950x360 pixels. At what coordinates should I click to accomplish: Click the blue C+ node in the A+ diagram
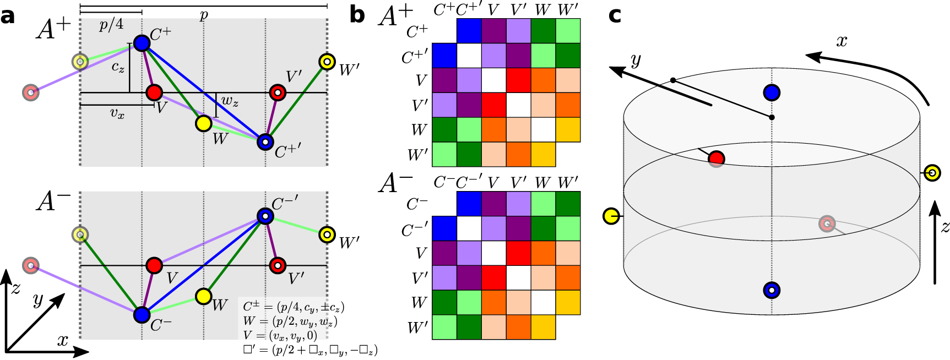point(142,42)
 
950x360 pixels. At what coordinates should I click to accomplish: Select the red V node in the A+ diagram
point(154,92)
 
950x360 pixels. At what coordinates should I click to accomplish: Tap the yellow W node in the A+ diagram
point(204,124)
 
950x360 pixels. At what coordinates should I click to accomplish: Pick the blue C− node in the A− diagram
point(142,315)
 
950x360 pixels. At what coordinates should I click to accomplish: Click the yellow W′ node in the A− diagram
point(327,234)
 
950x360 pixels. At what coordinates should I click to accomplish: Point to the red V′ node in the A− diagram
point(278,266)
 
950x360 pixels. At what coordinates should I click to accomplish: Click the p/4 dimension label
point(111,25)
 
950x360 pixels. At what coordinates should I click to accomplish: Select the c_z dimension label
point(118,67)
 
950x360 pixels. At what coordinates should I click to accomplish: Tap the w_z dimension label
point(230,101)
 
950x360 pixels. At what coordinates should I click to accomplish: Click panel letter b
point(357,15)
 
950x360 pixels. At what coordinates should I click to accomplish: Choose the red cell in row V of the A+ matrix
point(518,80)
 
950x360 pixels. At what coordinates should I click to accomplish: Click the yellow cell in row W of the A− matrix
point(568,302)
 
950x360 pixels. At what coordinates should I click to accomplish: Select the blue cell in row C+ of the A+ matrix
point(469,31)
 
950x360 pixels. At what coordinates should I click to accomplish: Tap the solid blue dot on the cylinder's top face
point(772,92)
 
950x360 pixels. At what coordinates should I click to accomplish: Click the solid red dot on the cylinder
point(716,159)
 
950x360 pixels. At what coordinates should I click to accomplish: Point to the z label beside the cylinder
point(944,227)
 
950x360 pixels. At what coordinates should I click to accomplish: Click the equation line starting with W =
point(290,321)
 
